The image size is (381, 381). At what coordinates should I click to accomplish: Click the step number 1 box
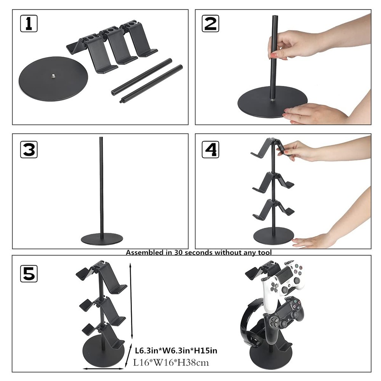click(29, 24)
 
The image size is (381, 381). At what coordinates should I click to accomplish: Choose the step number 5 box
click(29, 273)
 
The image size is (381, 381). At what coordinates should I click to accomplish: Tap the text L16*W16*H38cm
click(171, 362)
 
